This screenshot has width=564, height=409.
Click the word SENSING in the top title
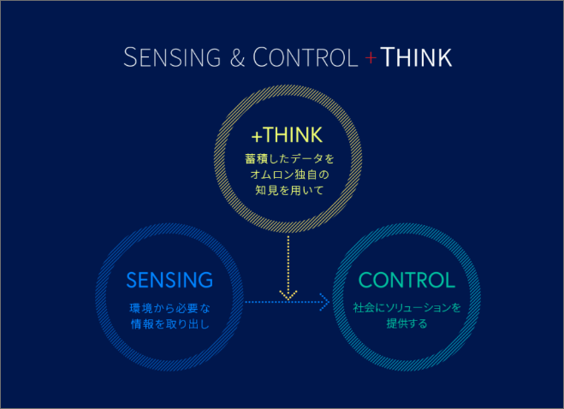172,57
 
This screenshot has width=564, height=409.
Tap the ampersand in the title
237,57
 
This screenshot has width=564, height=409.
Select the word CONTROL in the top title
306,57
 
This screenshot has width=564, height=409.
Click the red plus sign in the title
371,57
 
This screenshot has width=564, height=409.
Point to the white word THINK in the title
416,57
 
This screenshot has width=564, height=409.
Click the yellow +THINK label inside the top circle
287,135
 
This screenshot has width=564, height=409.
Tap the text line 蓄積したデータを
289,158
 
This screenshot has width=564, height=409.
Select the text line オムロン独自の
289,175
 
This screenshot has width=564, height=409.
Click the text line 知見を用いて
289,190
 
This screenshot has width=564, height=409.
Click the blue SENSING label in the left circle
169,280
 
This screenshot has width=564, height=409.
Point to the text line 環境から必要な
169,308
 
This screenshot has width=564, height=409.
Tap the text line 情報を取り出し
169,324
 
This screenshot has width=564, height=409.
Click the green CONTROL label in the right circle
407,280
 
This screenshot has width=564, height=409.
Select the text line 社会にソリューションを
407,308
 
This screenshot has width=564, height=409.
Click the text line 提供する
407,323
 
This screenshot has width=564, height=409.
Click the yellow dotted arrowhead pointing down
288,295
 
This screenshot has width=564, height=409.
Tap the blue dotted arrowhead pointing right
324,302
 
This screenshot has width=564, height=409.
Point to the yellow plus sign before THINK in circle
257,137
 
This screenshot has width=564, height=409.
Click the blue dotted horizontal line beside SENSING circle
287,302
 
